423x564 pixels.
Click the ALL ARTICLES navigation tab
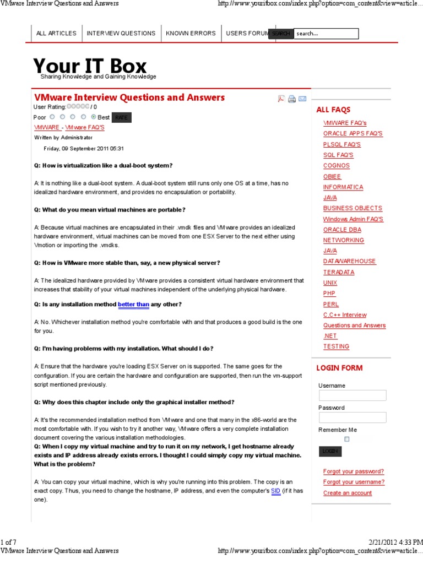click(x=56, y=34)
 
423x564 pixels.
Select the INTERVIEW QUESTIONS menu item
click(x=121, y=34)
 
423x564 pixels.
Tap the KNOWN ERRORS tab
click(x=191, y=34)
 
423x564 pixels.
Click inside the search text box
click(x=326, y=34)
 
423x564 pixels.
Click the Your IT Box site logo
click(x=90, y=67)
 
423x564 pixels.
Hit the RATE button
click(x=121, y=117)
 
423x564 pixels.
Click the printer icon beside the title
click(x=292, y=99)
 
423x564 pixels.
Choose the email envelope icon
click(x=302, y=99)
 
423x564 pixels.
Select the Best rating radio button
click(x=94, y=117)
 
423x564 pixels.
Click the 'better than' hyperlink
click(x=133, y=305)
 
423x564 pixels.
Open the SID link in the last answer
click(x=275, y=491)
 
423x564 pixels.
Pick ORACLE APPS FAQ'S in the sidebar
click(x=352, y=134)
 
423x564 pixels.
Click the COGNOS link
click(x=336, y=166)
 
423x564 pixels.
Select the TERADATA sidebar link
click(x=339, y=272)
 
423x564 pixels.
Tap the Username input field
click(x=352, y=395)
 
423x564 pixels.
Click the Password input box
click(x=352, y=417)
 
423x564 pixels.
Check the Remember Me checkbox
click(x=347, y=439)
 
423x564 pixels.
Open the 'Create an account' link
click(x=347, y=493)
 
